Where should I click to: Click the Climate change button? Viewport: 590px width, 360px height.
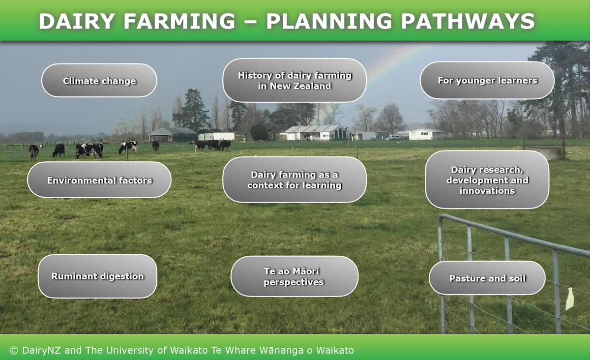99,81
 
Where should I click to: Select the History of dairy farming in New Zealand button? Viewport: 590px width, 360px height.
294,81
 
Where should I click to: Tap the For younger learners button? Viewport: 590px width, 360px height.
487,80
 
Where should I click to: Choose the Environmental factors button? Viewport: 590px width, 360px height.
99,180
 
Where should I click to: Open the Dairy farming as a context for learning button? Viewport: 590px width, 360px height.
294,180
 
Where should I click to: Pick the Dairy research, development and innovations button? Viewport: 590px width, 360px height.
487,180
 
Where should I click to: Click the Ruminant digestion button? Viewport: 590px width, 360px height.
97,276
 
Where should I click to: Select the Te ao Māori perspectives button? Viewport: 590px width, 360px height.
294,276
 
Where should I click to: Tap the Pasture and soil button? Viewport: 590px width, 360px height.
487,278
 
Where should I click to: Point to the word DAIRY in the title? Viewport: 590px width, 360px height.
77,21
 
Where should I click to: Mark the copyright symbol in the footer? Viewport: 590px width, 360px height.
14,350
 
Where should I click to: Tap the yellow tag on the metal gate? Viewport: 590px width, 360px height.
570,299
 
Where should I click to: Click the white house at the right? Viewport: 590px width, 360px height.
425,134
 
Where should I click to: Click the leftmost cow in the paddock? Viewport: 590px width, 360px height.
33,151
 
